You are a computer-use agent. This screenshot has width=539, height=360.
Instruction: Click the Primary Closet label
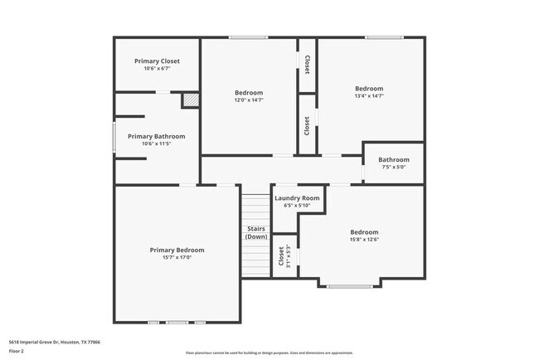pos(157,61)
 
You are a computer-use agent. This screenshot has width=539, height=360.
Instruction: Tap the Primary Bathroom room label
pos(156,136)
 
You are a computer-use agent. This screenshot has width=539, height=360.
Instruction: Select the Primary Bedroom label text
pos(177,250)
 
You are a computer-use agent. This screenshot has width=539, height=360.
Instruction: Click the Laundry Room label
pos(297,198)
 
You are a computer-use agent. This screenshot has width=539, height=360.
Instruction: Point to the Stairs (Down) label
pos(256,232)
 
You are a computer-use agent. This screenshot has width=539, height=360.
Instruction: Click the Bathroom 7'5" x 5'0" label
pos(394,159)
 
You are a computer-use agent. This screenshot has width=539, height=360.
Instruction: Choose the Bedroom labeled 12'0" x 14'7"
pos(249,92)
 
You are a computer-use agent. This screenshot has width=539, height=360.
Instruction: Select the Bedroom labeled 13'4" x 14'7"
pos(369,89)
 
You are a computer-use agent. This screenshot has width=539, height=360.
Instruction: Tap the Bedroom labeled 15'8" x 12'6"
pos(364,232)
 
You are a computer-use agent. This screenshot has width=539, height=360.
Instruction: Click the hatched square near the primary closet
pos(191,100)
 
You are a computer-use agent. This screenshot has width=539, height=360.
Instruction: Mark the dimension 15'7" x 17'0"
pos(177,257)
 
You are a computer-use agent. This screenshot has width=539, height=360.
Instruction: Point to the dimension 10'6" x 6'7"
pos(157,69)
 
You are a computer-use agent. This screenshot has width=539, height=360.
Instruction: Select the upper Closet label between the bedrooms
pos(307,65)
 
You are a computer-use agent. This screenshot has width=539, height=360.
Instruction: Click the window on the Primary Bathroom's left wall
pos(114,137)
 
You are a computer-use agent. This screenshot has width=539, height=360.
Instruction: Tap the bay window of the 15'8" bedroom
pos(349,286)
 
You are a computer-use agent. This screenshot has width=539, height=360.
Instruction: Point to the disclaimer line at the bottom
pos(269,353)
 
